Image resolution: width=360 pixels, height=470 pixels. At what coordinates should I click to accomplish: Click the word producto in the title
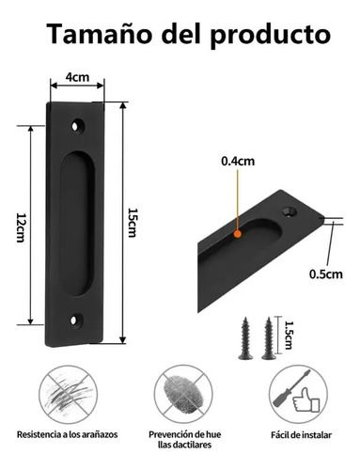[270, 36]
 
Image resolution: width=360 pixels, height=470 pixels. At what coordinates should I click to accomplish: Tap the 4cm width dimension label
[77, 77]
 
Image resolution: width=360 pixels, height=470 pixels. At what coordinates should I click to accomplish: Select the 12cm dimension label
[21, 227]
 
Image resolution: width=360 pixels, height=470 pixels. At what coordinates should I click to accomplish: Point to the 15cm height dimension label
[132, 223]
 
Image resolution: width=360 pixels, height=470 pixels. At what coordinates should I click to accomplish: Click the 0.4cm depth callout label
[238, 162]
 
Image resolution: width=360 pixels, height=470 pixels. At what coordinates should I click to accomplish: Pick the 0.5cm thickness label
[326, 274]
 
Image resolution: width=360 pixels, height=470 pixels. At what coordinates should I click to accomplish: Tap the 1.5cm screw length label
[288, 336]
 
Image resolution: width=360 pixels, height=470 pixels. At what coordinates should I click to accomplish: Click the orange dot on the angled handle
[238, 233]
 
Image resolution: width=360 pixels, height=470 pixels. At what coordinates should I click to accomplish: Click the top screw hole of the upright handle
[75, 127]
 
